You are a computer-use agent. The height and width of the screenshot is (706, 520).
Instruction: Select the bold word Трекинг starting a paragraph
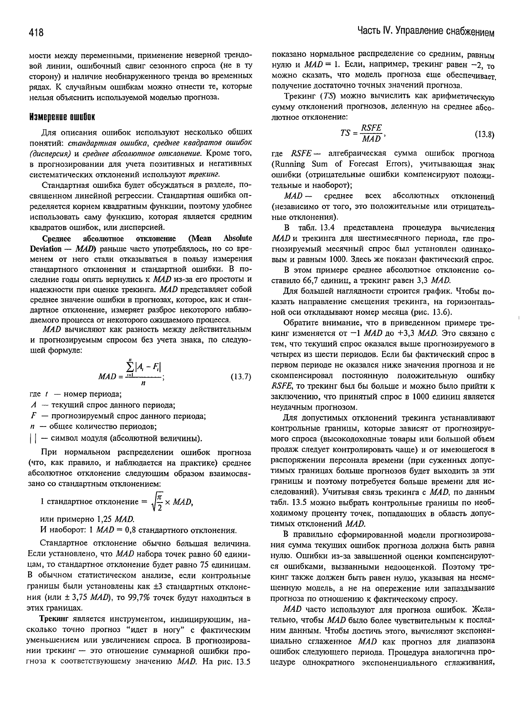pos(54,620)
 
